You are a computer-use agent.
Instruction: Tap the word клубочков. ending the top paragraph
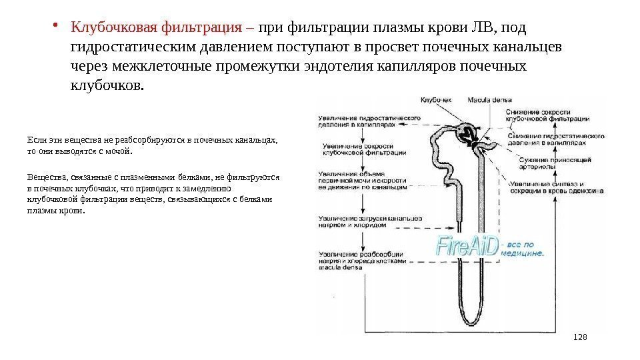[106, 86]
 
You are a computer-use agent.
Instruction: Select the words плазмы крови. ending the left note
[57, 211]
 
